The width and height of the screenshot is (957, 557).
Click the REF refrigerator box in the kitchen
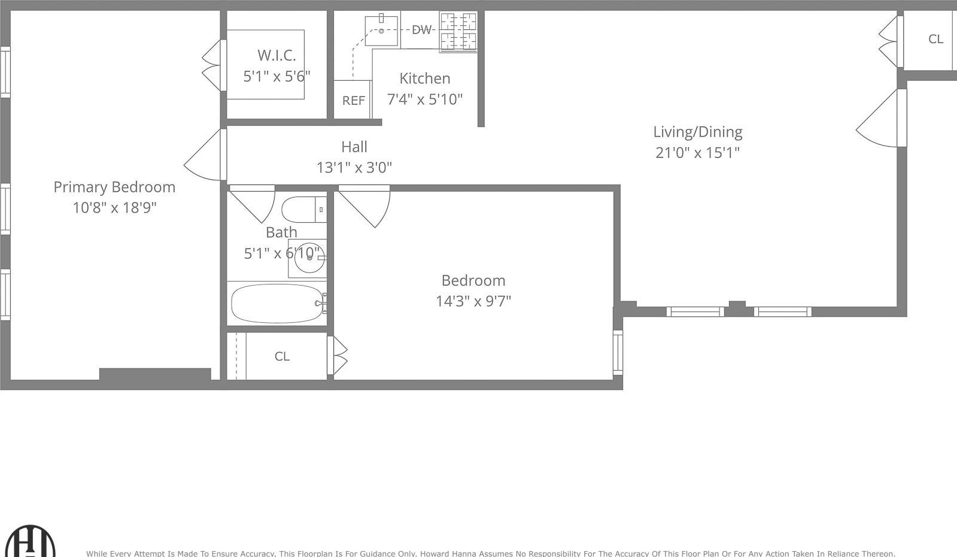click(353, 100)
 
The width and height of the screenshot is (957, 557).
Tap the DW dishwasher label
click(422, 29)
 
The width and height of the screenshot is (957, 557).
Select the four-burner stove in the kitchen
click(458, 31)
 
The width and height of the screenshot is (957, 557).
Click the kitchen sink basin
click(381, 31)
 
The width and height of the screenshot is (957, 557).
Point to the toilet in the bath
click(302, 210)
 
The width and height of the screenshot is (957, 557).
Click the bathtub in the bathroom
click(277, 303)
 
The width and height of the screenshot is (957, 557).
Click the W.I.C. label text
click(277, 55)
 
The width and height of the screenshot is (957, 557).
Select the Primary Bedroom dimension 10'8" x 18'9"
click(114, 208)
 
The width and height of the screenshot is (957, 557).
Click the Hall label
click(354, 147)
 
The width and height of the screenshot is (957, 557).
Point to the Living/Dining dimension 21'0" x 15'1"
click(697, 153)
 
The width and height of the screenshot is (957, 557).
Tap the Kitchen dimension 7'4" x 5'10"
click(424, 99)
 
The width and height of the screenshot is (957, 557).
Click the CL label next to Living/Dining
click(935, 39)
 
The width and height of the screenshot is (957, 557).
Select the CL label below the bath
click(282, 356)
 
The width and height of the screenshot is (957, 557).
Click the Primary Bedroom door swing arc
click(204, 158)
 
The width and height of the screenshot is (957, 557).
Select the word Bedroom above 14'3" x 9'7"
click(473, 280)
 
